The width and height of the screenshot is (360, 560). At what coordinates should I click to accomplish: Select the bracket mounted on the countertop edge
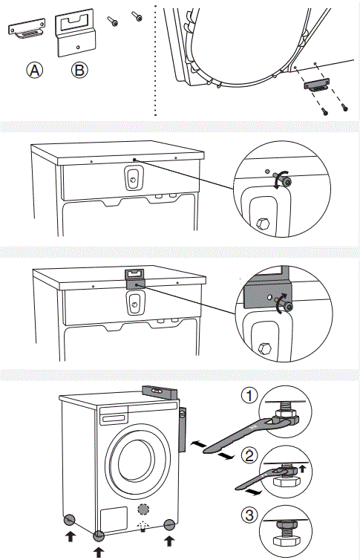tap(135, 278)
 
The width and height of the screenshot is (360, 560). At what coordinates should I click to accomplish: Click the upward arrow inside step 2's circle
tap(303, 469)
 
